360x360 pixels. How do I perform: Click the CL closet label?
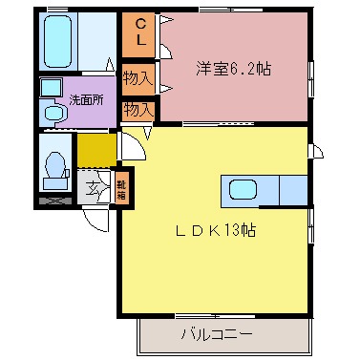click(x=139, y=34)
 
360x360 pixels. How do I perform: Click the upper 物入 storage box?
click(x=139, y=74)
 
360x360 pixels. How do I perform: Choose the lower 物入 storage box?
click(x=139, y=109)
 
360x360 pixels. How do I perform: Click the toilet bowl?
click(x=55, y=168)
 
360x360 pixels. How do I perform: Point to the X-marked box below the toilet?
click(x=54, y=201)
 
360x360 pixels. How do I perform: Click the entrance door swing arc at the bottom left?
click(x=98, y=219)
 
